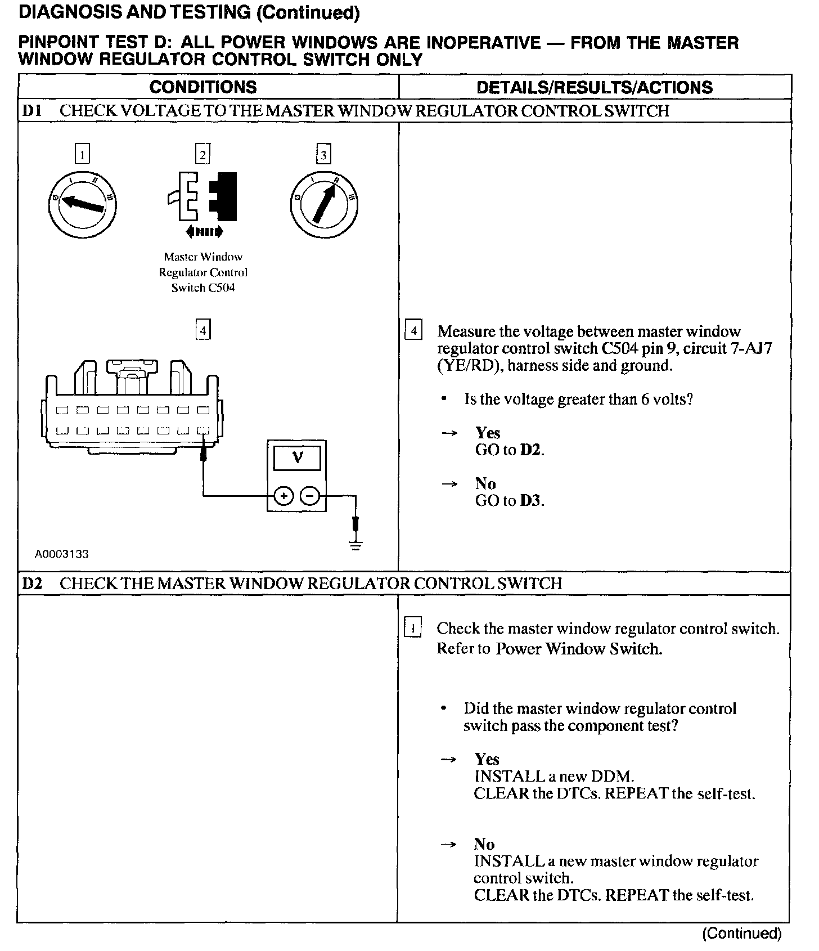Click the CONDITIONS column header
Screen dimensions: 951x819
coord(203,87)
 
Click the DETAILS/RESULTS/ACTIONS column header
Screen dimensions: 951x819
coord(594,87)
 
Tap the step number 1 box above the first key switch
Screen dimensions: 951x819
coord(82,154)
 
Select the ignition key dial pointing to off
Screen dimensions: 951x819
coord(83,204)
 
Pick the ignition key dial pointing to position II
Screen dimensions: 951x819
coord(325,203)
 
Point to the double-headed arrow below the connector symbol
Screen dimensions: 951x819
coord(203,231)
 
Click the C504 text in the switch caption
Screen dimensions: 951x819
coord(219,288)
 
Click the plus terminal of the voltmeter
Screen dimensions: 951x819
coord(283,496)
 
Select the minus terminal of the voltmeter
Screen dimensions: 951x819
coord(310,496)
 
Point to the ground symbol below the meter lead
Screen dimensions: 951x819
coord(355,545)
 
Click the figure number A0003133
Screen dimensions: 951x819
coord(62,554)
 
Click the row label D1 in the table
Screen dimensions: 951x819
coord(32,111)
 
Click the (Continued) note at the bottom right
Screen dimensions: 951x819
coord(742,934)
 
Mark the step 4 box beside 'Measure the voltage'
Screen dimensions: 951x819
coord(413,331)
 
